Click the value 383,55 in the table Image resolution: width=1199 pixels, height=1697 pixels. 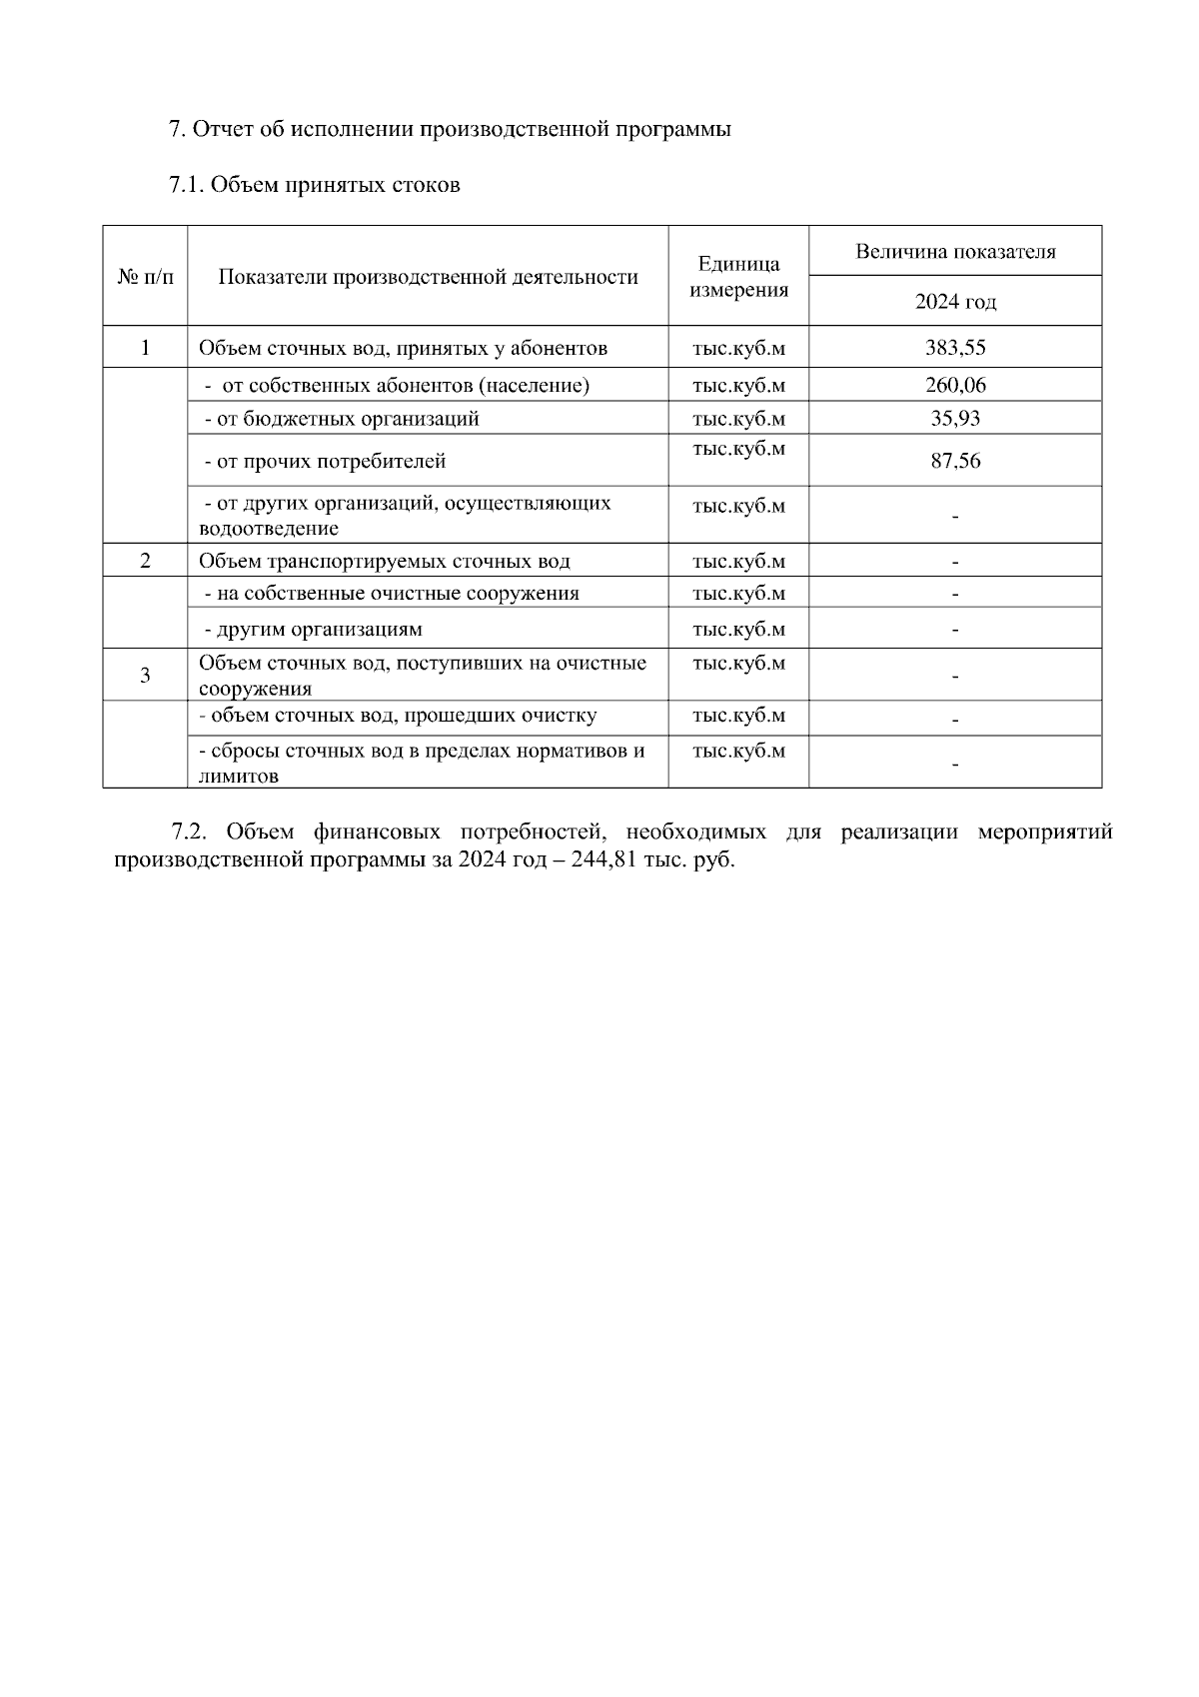954,348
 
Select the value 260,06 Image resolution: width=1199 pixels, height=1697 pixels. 954,385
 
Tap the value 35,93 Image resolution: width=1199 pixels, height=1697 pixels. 954,418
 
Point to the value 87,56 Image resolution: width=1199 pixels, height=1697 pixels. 954,461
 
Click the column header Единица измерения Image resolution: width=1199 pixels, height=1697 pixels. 738,277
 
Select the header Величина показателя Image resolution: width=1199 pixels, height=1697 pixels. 954,252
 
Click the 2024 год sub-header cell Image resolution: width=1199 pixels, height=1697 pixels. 954,302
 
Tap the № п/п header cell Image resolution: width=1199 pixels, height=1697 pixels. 145,277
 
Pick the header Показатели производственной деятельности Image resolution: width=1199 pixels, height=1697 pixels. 428,277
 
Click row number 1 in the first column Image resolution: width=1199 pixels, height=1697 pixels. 145,348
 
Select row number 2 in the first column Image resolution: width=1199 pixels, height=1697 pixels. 145,561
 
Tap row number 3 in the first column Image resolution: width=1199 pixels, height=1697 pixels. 145,676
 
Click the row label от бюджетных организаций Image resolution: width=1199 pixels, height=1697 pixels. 341,418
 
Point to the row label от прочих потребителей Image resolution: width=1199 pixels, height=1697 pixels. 325,462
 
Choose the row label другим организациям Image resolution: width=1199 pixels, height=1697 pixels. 313,630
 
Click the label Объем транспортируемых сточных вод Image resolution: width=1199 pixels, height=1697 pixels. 385,561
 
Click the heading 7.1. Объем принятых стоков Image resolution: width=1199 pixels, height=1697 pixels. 315,185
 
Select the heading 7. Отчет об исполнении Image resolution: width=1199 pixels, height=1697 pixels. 450,130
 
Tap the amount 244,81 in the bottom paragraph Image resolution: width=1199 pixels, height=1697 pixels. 602,859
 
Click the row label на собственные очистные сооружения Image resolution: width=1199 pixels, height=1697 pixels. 392,593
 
